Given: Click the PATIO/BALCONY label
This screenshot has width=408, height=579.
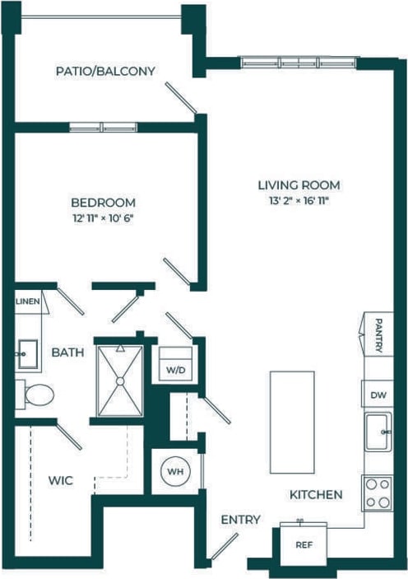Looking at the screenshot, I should pyautogui.click(x=105, y=72).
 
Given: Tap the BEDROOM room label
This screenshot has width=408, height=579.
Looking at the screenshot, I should pyautogui.click(x=103, y=203).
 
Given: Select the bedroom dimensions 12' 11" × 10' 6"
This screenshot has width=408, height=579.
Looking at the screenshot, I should pyautogui.click(x=103, y=218).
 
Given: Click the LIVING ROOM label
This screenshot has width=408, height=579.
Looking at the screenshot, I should pyautogui.click(x=299, y=185).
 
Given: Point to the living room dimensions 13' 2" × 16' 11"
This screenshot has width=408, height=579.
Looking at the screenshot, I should pyautogui.click(x=299, y=200).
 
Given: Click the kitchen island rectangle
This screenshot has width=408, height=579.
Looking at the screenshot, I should pyautogui.click(x=292, y=422).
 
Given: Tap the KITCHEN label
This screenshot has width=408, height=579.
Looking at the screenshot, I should pyautogui.click(x=315, y=495).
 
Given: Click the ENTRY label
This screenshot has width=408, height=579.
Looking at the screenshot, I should pyautogui.click(x=240, y=520).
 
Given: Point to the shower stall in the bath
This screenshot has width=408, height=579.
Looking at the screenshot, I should pyautogui.click(x=120, y=381).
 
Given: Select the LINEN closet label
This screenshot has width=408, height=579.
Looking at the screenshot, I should pyautogui.click(x=27, y=302).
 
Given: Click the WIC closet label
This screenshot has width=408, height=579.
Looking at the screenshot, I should pyautogui.click(x=61, y=480).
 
